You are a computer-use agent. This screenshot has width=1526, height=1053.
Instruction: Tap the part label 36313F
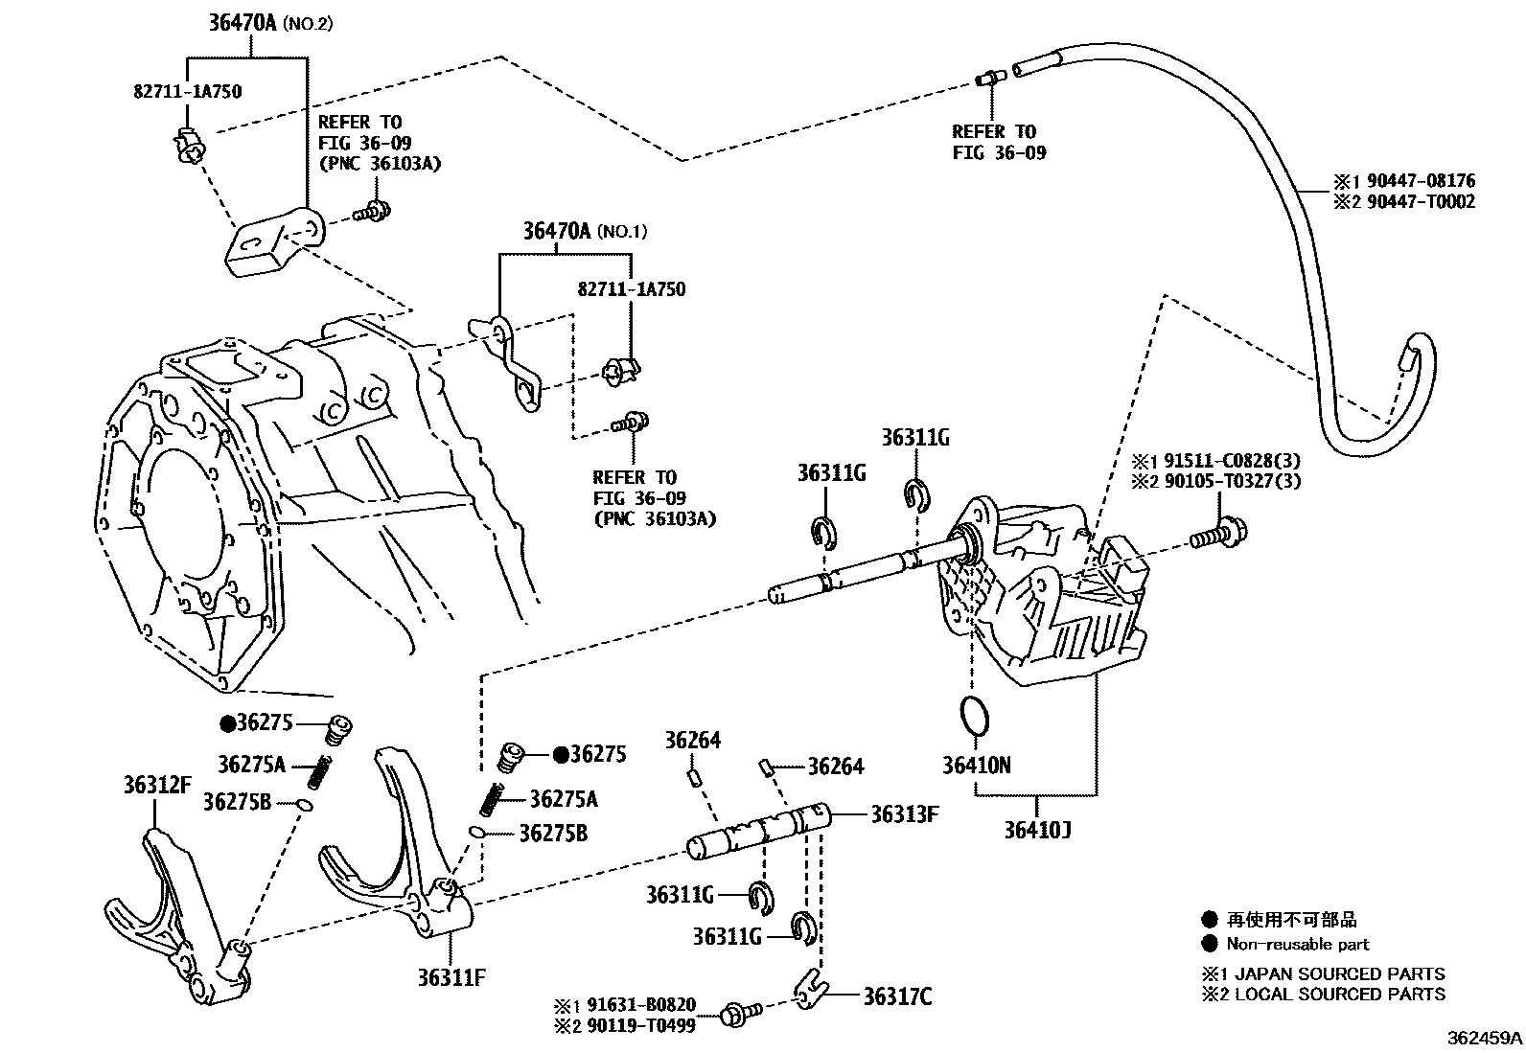click(904, 814)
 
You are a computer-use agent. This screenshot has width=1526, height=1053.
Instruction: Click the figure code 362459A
click(1484, 1037)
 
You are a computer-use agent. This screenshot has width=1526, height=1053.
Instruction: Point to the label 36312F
click(157, 785)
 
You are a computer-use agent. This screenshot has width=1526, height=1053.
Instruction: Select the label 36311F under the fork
click(451, 977)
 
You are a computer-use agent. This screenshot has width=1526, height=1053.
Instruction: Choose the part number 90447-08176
click(1417, 180)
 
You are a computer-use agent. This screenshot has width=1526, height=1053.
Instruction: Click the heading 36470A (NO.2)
click(270, 23)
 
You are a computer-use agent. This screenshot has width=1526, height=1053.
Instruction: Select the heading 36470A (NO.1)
click(585, 231)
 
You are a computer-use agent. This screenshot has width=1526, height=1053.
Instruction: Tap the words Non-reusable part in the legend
click(1298, 944)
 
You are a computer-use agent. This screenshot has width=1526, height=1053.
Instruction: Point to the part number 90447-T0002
click(1417, 201)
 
